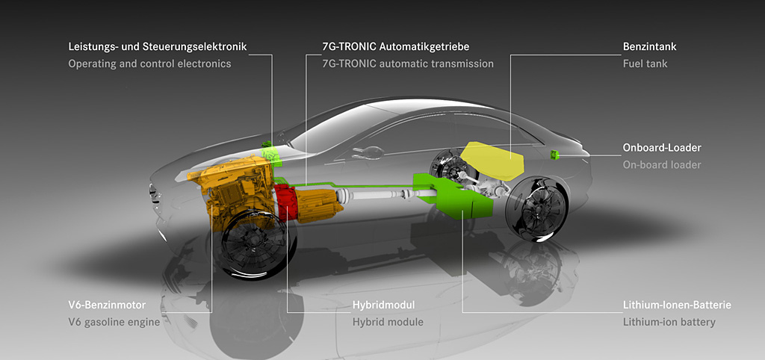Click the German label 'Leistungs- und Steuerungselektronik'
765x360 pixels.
click(157, 47)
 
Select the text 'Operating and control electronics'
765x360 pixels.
click(149, 64)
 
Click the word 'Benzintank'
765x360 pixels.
click(650, 47)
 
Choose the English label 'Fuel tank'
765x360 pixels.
click(645, 64)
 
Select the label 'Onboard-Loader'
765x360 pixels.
click(662, 148)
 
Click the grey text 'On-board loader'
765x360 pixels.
click(662, 165)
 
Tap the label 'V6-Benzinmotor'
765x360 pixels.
click(107, 305)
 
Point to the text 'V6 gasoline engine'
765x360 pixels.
click(114, 323)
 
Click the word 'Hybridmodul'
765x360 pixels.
click(383, 305)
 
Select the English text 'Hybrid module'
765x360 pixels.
click(388, 323)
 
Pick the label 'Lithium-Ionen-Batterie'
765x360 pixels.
click(677, 305)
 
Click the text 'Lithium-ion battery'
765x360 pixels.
click(669, 323)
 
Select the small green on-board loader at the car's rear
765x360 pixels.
click(555, 155)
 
